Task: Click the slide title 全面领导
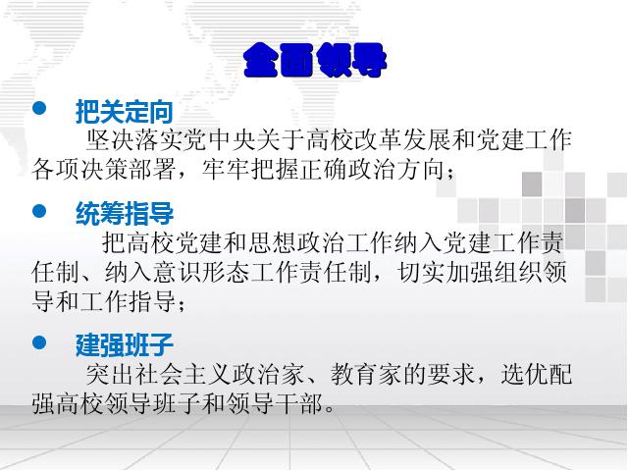[x=315, y=60]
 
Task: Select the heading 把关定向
[x=125, y=111]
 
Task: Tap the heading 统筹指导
[x=125, y=213]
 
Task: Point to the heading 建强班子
[x=125, y=344]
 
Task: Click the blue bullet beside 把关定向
[x=39, y=108]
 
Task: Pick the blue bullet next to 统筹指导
[x=39, y=211]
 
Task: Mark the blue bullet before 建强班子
[x=39, y=342]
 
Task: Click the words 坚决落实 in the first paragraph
[x=134, y=139]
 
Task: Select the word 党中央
[x=220, y=139]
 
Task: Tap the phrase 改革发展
[x=379, y=139]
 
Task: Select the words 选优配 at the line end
[x=537, y=375]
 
